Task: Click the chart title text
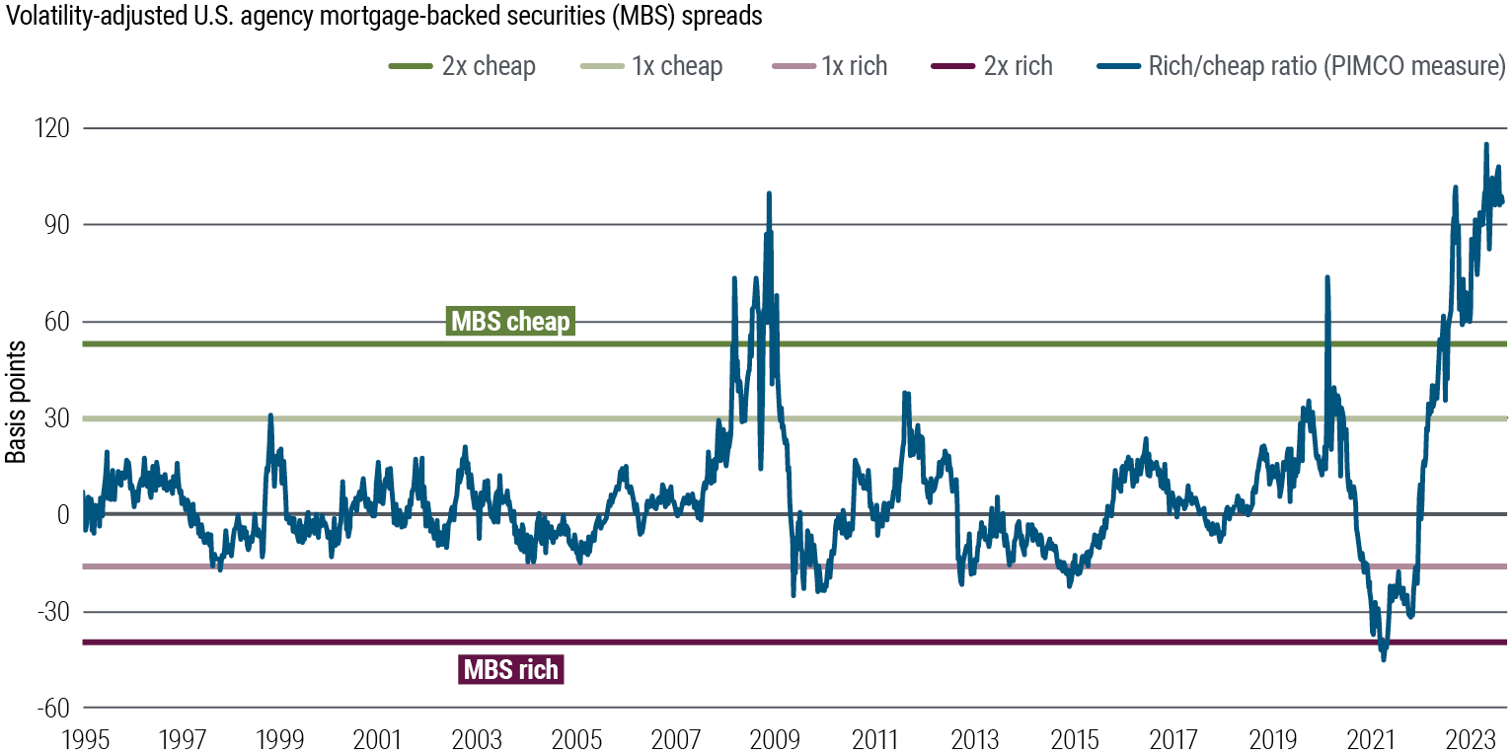pyautogui.click(x=383, y=17)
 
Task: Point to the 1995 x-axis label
pyautogui.click(x=83, y=737)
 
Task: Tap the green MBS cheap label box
pyautogui.click(x=509, y=322)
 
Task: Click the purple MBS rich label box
pyautogui.click(x=510, y=670)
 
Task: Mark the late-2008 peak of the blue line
pyautogui.click(x=769, y=193)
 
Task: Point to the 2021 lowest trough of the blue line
pyautogui.click(x=1383, y=659)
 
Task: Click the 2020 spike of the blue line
pyautogui.click(x=1326, y=278)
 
